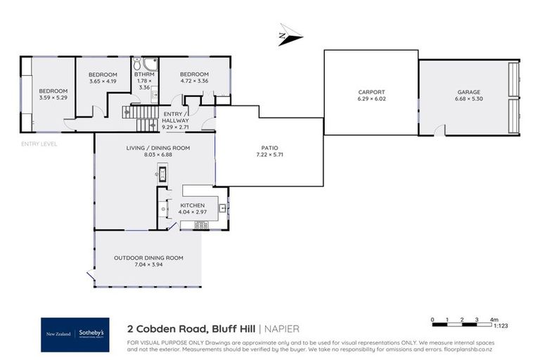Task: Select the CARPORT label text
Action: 371,91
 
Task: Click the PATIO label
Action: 267,148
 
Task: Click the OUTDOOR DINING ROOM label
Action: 148,258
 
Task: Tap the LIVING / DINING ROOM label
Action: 153,147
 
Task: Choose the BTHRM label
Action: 144,75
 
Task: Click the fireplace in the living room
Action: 162,174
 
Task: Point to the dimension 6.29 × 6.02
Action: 371,98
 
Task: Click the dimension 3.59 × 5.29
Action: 53,98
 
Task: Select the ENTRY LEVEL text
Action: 39,144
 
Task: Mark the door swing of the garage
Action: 439,130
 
